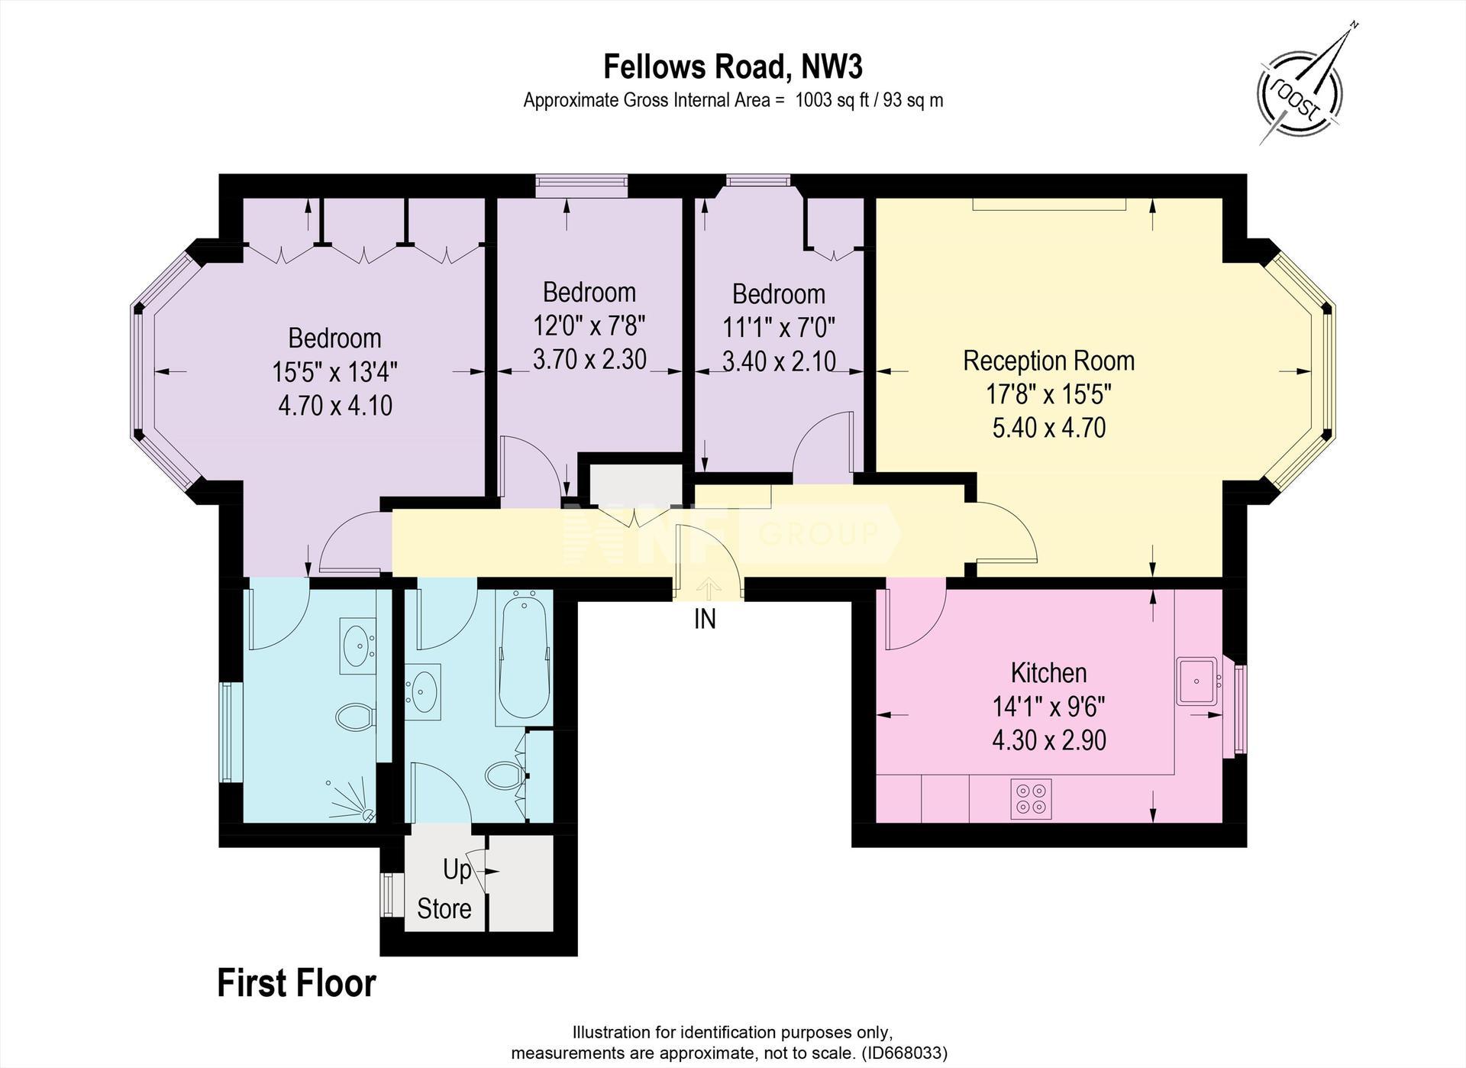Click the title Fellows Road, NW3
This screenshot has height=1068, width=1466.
pos(733,67)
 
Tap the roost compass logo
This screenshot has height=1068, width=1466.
pos(1300,90)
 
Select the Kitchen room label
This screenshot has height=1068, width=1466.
pos(1048,673)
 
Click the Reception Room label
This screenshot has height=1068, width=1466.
pos(1048,361)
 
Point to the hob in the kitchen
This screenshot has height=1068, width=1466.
pos(1031,799)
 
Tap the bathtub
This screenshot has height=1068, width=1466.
pos(523,657)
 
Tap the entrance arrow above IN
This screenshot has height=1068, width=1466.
pos(709,587)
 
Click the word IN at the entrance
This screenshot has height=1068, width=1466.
pos(705,619)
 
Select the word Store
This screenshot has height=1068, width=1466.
pos(444,909)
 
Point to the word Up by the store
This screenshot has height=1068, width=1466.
pos(457,870)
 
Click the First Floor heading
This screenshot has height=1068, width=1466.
pos(296,984)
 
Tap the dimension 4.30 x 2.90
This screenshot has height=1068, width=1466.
pos(1048,740)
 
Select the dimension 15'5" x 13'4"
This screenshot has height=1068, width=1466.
pos(334,372)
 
